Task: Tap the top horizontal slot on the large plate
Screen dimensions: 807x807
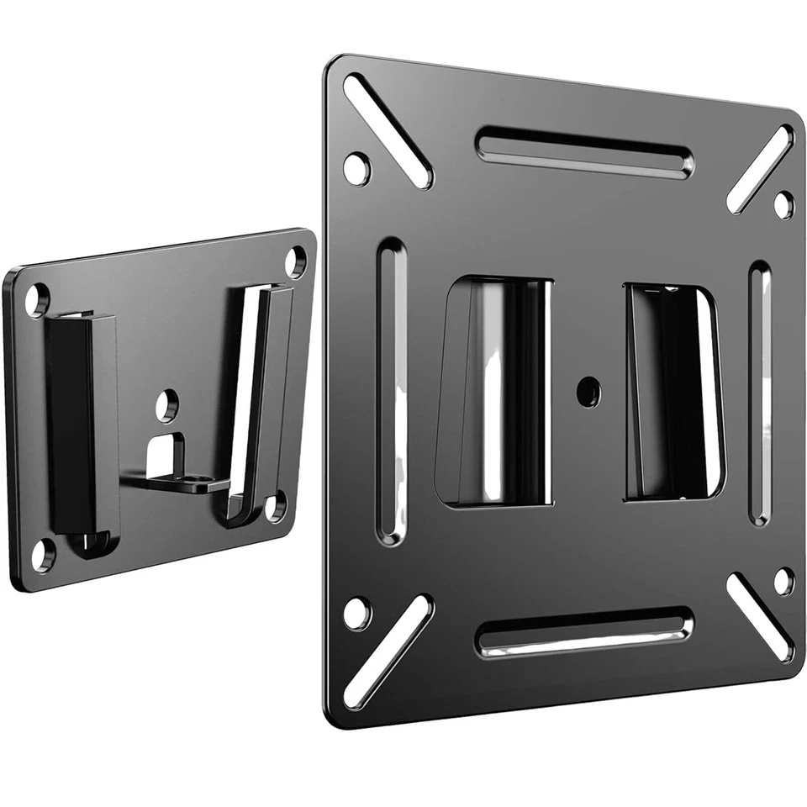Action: (585, 152)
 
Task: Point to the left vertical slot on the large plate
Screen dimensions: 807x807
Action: (392, 391)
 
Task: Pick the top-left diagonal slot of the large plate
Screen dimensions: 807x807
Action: (388, 129)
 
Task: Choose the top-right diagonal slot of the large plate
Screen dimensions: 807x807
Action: (760, 169)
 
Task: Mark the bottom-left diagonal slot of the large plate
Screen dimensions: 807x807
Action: (388, 651)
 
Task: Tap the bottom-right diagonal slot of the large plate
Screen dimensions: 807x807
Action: (760, 617)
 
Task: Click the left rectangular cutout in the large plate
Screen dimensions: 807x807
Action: (494, 392)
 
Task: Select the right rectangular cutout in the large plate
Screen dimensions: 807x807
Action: (672, 392)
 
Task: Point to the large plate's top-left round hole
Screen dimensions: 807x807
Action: (356, 168)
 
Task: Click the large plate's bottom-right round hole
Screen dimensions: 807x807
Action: (783, 581)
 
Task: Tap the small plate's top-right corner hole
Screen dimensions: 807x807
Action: (296, 261)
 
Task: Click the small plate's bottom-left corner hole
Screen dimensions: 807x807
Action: (42, 552)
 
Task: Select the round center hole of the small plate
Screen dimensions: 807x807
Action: (166, 403)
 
